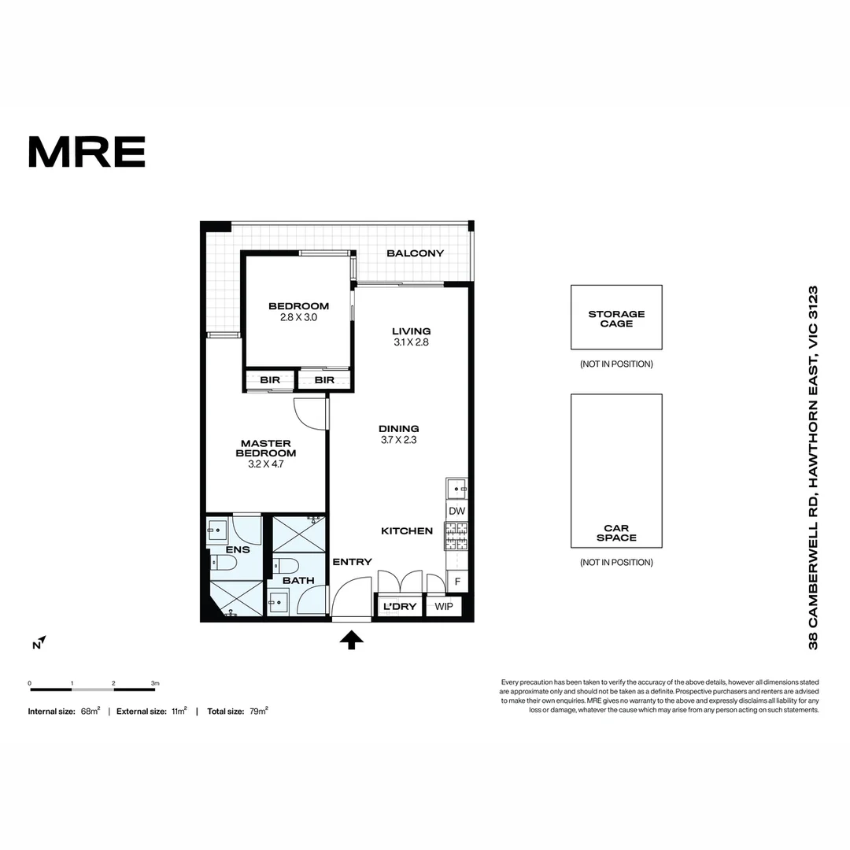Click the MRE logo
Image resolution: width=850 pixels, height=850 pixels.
[87, 152]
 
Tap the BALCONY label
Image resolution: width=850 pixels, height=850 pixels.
[415, 253]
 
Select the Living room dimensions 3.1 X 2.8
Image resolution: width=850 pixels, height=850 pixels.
[412, 342]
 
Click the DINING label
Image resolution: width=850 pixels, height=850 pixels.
[398, 429]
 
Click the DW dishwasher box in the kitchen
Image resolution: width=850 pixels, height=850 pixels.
[456, 511]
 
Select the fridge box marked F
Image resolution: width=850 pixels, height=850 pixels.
[456, 582]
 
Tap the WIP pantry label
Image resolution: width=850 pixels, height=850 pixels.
[445, 607]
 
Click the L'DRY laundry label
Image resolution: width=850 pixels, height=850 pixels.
[398, 607]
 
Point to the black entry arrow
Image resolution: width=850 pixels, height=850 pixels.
[351, 640]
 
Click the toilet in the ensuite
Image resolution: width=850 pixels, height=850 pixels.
[224, 564]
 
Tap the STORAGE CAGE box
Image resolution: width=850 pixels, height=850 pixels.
[616, 318]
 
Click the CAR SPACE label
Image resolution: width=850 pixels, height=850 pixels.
[616, 533]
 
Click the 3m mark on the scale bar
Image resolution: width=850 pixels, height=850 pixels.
[155, 683]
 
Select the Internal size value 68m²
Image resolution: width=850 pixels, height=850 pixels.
[90, 711]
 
